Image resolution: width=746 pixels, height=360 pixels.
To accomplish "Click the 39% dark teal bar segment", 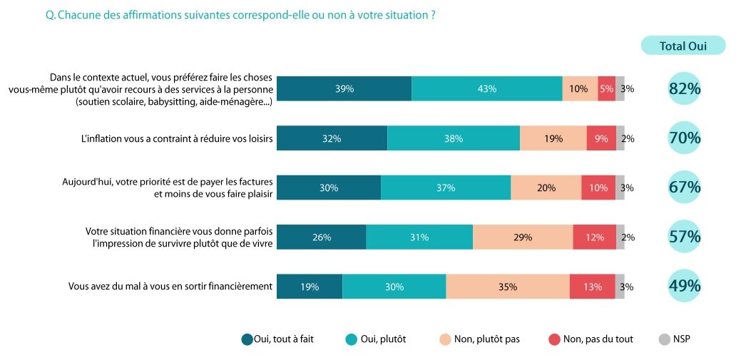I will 344,88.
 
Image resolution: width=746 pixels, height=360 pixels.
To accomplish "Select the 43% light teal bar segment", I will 487,88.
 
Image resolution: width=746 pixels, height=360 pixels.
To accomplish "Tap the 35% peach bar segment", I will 508,287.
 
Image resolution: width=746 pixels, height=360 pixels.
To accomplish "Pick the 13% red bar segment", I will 592,287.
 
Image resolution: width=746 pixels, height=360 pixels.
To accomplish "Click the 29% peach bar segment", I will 523,237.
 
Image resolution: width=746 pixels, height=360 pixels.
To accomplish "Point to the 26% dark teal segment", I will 321,237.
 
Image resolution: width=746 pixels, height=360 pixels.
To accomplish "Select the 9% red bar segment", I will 601,138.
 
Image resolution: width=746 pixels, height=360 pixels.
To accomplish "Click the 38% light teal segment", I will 454,138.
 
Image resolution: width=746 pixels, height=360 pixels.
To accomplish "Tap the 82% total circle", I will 685,88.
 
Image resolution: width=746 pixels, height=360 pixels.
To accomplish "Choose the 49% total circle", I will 685,287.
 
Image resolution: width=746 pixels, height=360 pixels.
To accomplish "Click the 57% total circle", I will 685,237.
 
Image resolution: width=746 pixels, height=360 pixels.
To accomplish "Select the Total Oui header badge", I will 683,46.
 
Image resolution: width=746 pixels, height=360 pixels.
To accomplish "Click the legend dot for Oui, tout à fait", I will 247,339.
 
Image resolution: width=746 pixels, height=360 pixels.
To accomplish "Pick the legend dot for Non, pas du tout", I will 553,339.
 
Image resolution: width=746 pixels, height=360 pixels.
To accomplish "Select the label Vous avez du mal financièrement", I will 170,287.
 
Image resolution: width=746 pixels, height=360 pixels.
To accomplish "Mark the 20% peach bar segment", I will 546,187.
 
